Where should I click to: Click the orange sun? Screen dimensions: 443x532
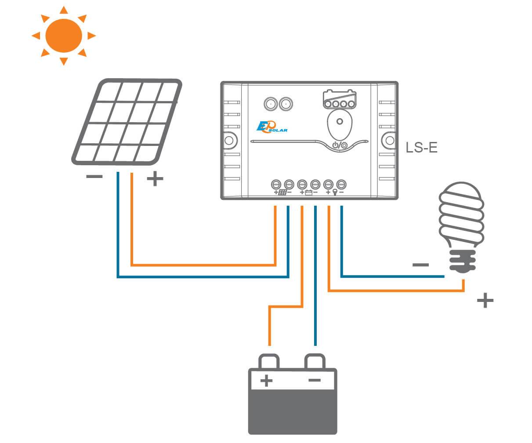(x=64, y=36)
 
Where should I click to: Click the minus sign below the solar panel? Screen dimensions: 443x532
(x=94, y=177)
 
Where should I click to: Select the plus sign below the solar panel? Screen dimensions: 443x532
(x=155, y=178)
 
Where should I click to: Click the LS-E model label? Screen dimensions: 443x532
(x=421, y=148)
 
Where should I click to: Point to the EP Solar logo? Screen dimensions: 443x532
(x=271, y=127)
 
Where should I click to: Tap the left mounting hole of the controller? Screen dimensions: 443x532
(x=228, y=141)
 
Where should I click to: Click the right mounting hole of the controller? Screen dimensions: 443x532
(x=390, y=141)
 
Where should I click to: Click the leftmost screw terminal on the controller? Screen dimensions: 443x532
(x=276, y=184)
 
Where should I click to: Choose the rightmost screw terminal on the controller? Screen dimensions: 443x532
(x=340, y=184)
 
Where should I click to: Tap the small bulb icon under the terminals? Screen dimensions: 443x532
(x=335, y=192)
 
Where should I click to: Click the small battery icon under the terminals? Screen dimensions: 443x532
(x=309, y=192)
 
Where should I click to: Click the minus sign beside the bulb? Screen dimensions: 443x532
(x=420, y=265)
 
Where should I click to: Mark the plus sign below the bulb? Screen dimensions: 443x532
(x=485, y=301)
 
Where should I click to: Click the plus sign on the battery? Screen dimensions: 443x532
(x=266, y=381)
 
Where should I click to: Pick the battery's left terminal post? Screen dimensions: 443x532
(x=268, y=361)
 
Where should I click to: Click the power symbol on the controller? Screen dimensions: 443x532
(x=336, y=145)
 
